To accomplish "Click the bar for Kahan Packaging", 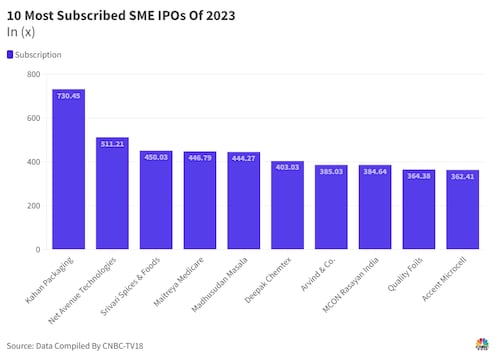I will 69,169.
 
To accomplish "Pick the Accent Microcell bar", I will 462,209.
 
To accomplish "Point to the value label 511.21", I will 112,144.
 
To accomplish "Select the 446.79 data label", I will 200,158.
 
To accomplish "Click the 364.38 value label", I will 418,176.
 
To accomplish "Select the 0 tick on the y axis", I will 36,249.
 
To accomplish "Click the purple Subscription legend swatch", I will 10,54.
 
